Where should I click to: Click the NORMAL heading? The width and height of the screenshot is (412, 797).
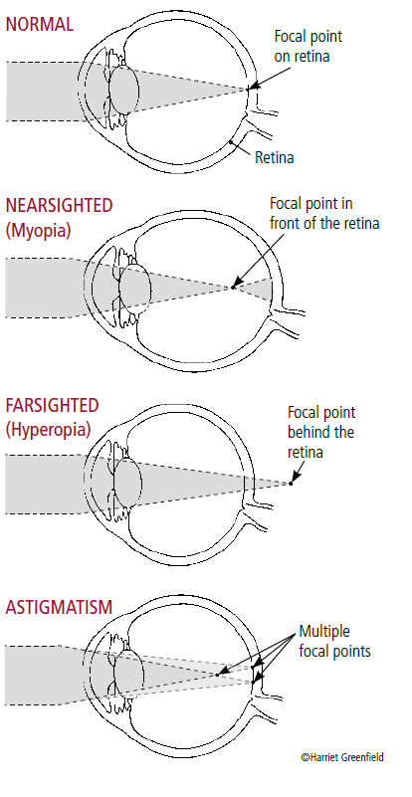[x=39, y=24]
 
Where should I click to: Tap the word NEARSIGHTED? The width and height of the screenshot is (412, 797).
[x=59, y=205]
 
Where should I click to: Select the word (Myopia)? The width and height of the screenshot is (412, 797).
[x=38, y=230]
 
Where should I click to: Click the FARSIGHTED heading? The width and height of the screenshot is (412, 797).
[x=52, y=405]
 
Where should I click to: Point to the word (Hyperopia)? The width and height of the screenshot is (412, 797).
[x=48, y=430]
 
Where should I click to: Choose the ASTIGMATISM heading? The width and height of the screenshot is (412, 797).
[x=59, y=607]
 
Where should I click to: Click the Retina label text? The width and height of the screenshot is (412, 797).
[x=274, y=157]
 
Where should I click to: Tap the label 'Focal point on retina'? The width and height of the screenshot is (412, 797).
[x=309, y=46]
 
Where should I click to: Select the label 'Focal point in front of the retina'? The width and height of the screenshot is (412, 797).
[x=324, y=214]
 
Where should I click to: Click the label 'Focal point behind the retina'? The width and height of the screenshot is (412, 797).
[x=321, y=432]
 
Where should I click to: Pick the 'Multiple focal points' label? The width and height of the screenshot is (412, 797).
[x=334, y=642]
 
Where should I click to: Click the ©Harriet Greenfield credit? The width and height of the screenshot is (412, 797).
[x=342, y=757]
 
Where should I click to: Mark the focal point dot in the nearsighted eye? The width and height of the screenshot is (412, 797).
[x=233, y=288]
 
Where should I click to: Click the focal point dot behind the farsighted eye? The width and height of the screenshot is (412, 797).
[x=291, y=483]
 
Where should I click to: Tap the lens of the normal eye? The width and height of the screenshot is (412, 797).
[x=124, y=90]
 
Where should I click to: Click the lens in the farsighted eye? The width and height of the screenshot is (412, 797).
[x=127, y=483]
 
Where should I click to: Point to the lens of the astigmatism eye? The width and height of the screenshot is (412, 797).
[x=128, y=674]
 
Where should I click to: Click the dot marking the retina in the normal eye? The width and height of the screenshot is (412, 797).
[x=231, y=142]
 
